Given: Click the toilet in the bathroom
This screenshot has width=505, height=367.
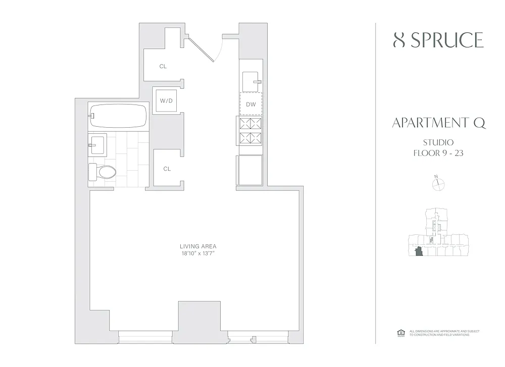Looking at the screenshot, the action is click(102, 172).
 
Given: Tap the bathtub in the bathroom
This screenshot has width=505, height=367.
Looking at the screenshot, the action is click(118, 116).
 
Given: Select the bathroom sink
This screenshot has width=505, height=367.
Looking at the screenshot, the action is click(97, 145).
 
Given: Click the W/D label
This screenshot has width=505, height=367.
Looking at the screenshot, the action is click(166, 101).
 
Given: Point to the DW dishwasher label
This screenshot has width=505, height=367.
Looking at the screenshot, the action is click(251, 104).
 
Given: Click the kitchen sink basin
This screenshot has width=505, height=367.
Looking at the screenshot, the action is click(251, 82).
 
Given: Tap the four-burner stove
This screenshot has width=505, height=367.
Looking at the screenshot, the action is click(250, 131).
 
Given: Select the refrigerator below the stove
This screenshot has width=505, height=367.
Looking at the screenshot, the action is click(250, 170).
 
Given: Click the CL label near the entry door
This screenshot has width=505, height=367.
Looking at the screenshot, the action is click(163, 66).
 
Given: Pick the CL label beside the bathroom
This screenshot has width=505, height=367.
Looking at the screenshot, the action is click(167, 169).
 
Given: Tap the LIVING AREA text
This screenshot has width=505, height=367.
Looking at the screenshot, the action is click(198, 246).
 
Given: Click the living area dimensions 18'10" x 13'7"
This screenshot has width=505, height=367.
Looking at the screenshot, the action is click(198, 253).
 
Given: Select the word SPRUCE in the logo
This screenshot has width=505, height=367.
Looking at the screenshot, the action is click(447, 40).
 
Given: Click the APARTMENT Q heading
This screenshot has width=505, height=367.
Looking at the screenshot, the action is click(439, 123).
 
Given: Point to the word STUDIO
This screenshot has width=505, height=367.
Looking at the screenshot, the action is click(438, 142).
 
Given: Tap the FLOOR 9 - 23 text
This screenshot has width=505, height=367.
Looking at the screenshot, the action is click(438, 153).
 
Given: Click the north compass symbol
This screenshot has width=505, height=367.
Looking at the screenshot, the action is click(438, 184).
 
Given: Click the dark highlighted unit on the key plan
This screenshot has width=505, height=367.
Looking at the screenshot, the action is click(419, 251).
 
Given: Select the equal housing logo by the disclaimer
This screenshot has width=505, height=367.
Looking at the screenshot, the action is click(401, 333).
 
